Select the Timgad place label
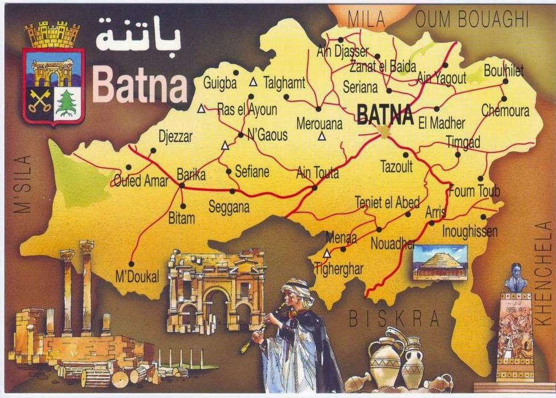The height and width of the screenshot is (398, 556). pos(463,142)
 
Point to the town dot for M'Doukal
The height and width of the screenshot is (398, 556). pos(131,264)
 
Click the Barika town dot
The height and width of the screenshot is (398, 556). pos(182,185)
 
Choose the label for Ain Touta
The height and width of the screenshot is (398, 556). pos(317,172)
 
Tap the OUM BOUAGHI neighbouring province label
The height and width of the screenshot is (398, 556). pos(472,20)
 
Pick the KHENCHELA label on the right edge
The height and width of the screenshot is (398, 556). pos(545,272)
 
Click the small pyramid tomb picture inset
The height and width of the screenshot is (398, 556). pos(439,262)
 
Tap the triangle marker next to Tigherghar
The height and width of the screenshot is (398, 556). pos(327,254)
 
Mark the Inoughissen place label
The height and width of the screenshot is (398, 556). pos(470,231)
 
